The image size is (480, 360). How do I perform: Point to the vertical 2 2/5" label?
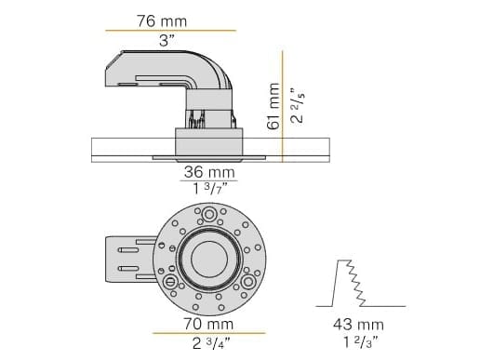(x=296, y=107)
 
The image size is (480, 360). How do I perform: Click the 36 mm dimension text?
(x=208, y=171)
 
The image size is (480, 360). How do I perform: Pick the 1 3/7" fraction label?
(x=208, y=190)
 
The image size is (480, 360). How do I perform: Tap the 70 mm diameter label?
(x=208, y=323)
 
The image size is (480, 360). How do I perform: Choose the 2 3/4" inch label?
(x=208, y=343)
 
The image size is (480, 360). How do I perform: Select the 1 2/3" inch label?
(x=357, y=343)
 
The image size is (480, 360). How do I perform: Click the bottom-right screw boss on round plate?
(x=248, y=280)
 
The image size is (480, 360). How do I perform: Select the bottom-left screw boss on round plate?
(x=170, y=280)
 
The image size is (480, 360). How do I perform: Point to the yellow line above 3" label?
(x=168, y=31)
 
